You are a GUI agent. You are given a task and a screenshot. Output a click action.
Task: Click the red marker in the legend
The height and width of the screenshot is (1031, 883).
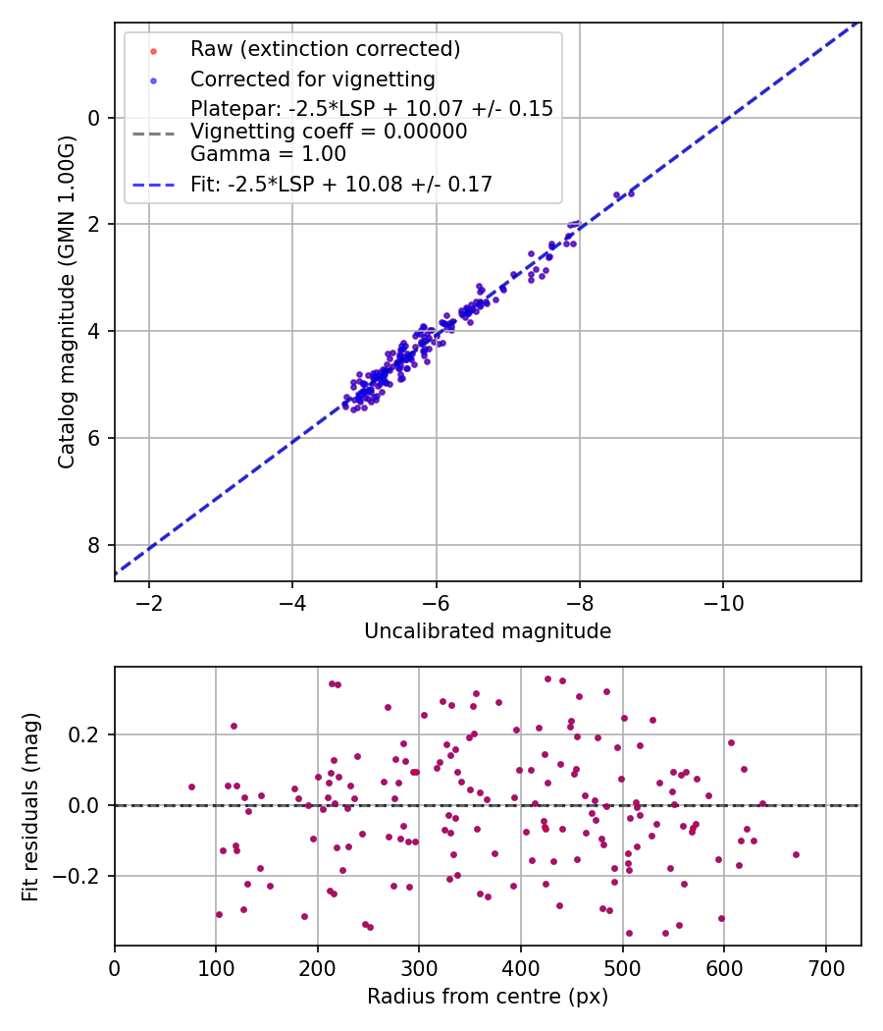[x=153, y=51]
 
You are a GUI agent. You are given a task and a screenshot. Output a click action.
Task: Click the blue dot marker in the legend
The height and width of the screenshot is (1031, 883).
[x=153, y=81]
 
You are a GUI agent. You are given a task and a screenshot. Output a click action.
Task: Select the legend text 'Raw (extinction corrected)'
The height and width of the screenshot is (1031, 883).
[x=325, y=49]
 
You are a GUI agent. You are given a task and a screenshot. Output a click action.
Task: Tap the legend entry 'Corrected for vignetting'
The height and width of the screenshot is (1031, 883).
[x=313, y=80]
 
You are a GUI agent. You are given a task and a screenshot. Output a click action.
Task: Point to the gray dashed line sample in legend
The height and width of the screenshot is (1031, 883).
[x=154, y=135]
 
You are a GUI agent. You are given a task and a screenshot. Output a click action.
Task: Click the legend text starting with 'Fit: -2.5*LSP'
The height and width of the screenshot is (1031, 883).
[x=341, y=185]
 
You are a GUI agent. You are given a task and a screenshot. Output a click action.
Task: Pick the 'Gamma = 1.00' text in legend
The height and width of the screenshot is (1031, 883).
[x=268, y=154]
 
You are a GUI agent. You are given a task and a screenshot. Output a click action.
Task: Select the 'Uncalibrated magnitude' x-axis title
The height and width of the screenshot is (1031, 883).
[x=488, y=631]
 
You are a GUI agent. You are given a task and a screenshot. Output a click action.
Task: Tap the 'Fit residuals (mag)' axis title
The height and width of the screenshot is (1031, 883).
[x=30, y=807]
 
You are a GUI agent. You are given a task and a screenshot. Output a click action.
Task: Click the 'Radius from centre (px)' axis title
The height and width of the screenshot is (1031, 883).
[x=488, y=997]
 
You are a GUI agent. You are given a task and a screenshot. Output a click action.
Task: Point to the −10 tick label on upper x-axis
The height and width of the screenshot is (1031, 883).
[x=723, y=603]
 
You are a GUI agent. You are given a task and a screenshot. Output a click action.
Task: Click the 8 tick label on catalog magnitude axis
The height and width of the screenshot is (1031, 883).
[x=94, y=545]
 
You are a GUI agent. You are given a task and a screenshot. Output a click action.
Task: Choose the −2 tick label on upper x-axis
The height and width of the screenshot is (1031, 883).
[x=148, y=603]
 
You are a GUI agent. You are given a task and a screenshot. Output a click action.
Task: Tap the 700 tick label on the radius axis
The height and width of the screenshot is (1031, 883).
[x=825, y=968]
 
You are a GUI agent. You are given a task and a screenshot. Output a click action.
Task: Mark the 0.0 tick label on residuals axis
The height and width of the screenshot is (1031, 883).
[x=84, y=805]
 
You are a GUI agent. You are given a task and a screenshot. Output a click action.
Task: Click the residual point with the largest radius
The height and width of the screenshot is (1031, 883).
[x=796, y=855]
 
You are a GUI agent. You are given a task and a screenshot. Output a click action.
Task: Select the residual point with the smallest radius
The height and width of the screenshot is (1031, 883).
[x=192, y=787]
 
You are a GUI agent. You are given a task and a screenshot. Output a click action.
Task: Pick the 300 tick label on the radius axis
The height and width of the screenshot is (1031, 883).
[x=419, y=968]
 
